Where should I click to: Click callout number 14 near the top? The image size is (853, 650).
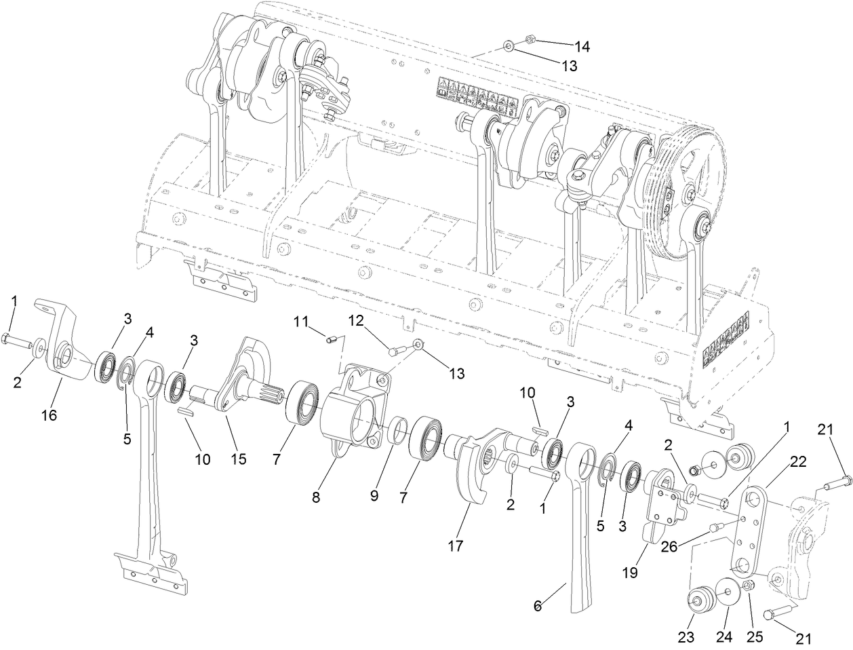pos(581,47)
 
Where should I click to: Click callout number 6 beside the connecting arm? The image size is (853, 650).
pos(538,606)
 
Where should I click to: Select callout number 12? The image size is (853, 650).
pos(357,320)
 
